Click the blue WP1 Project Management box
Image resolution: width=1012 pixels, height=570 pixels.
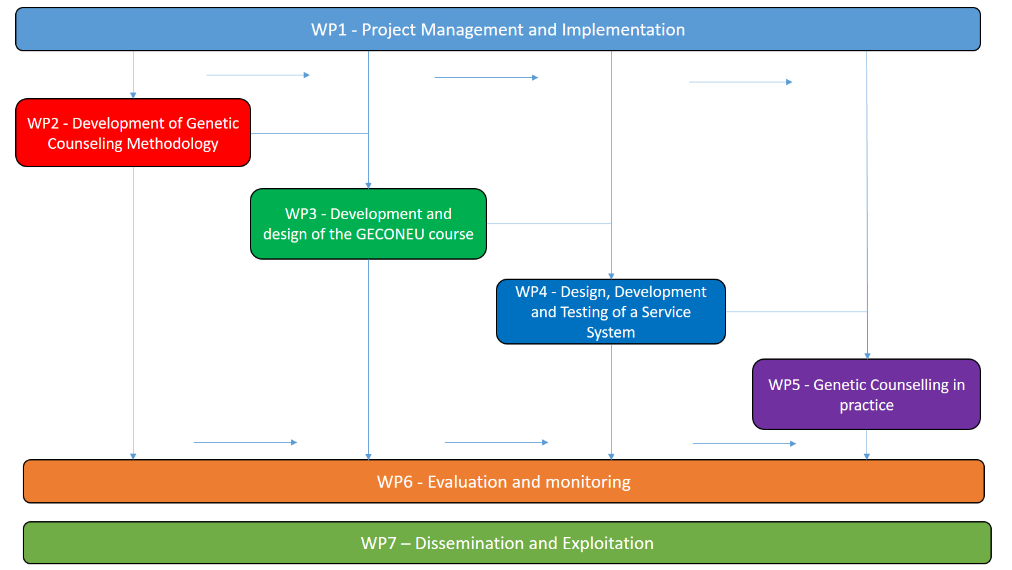point(498,29)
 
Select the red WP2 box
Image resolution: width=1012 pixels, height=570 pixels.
point(133,132)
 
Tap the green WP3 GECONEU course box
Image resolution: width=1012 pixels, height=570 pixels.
point(368,224)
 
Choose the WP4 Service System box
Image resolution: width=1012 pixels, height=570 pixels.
point(611,312)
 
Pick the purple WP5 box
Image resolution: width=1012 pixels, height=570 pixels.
point(867,394)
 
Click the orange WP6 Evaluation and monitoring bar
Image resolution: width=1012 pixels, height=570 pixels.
point(503,481)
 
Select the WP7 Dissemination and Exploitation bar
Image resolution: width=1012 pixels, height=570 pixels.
point(507,543)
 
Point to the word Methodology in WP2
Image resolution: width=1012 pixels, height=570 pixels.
point(173,144)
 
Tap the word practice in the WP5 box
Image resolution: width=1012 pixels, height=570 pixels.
point(867,405)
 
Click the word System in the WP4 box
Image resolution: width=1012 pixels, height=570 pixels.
point(611,332)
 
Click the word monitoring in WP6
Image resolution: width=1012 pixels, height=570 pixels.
point(588,482)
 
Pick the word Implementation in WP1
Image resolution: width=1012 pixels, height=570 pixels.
point(623,30)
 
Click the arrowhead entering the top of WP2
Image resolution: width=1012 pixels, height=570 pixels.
point(133,96)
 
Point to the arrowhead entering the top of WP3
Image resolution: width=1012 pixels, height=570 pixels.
point(368,186)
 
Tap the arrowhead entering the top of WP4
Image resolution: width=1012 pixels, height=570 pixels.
point(611,276)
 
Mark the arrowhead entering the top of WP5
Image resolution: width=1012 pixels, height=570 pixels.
point(867,356)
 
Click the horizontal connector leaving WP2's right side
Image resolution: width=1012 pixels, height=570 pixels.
point(309,134)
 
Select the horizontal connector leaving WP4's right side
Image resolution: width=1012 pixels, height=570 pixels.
point(796,312)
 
